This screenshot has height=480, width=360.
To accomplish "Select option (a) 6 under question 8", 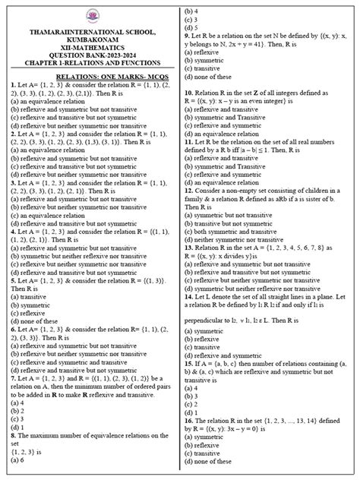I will (x=17, y=461).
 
